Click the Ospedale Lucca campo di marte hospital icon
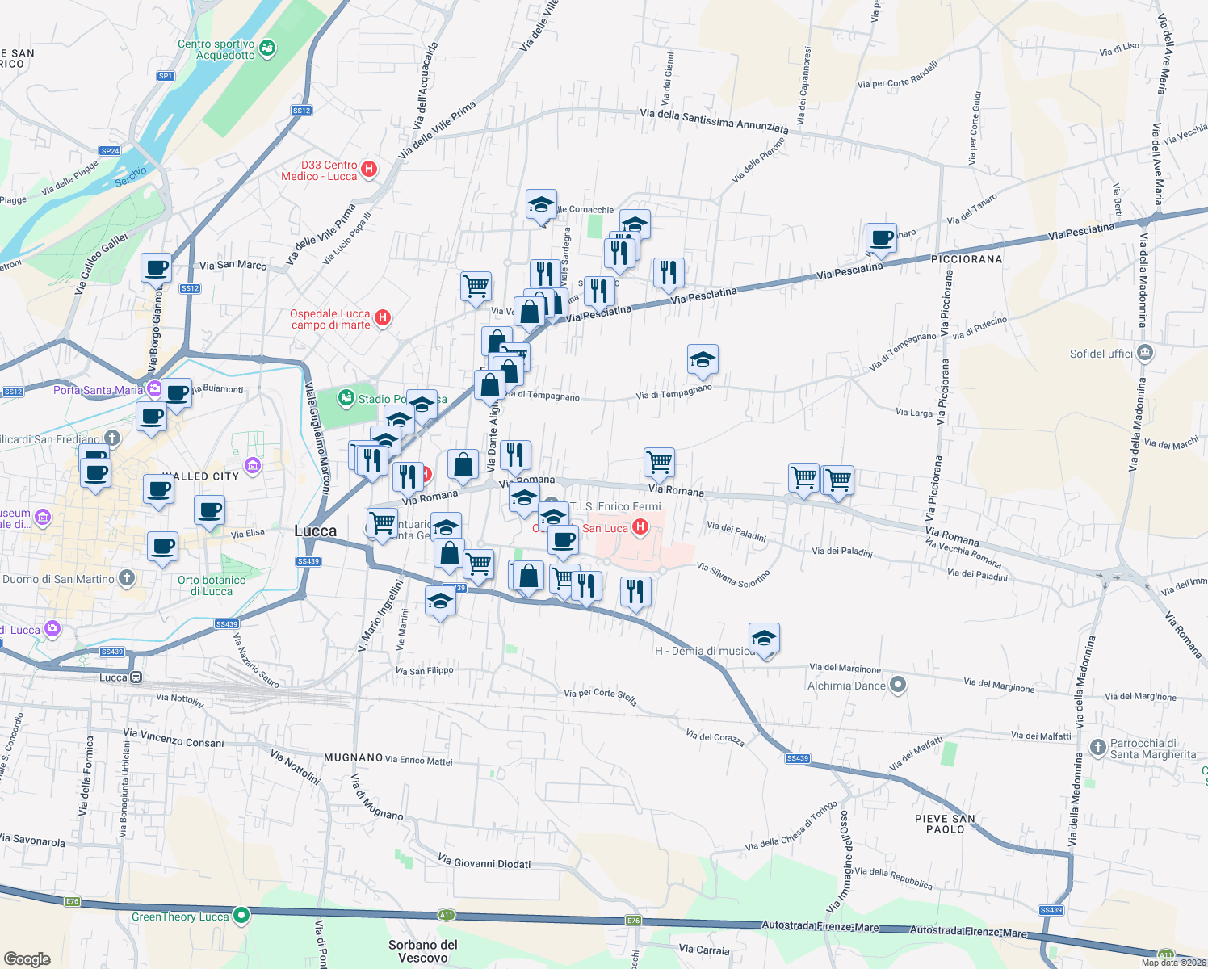pyautogui.click(x=384, y=318)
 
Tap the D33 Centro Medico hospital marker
pyautogui.click(x=369, y=169)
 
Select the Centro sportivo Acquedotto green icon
pyautogui.click(x=267, y=48)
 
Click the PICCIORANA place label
pyautogui.click(x=967, y=259)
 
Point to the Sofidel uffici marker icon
pyautogui.click(x=1144, y=353)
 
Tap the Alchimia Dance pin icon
pyautogui.click(x=898, y=686)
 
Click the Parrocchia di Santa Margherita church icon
pyautogui.click(x=1097, y=747)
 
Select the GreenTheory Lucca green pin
pyautogui.click(x=241, y=916)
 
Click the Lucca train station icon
pyautogui.click(x=136, y=677)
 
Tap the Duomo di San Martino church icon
pyautogui.click(x=126, y=578)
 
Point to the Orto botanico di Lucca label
pyautogui.click(x=212, y=585)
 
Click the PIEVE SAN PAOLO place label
pyautogui.click(x=945, y=824)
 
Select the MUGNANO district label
pyautogui.click(x=353, y=757)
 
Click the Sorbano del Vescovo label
pyautogui.click(x=423, y=950)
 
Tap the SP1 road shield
pyautogui.click(x=166, y=76)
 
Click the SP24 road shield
pyautogui.click(x=110, y=150)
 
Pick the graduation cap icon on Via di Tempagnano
pyautogui.click(x=703, y=359)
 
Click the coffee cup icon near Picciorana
pyautogui.click(x=881, y=238)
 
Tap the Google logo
pyautogui.click(x=27, y=959)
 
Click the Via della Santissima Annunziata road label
pyautogui.click(x=714, y=120)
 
